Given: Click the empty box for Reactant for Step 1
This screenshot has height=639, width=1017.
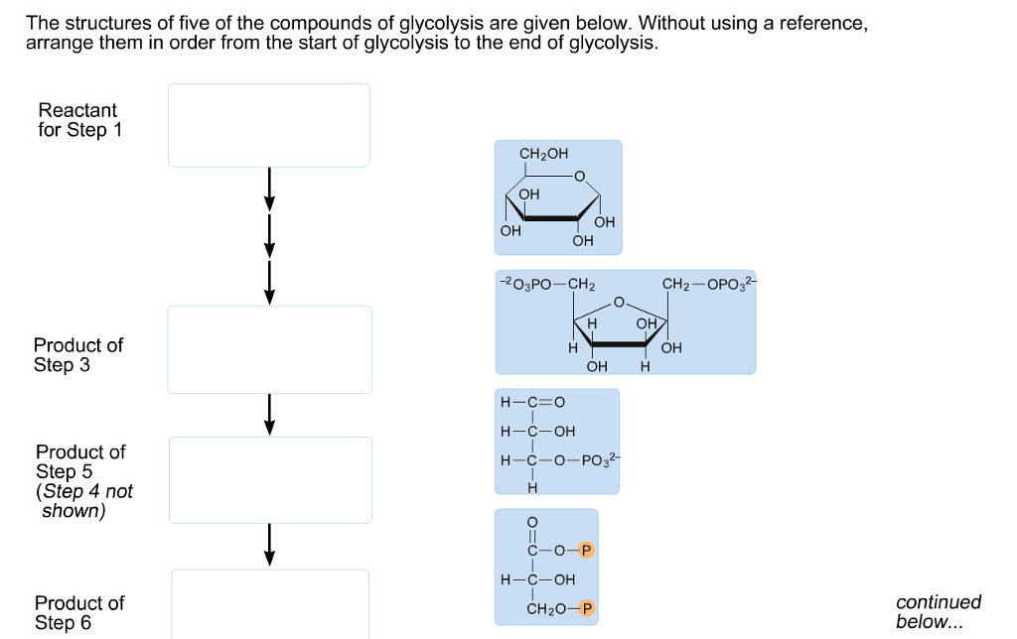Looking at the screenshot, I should pyautogui.click(x=268, y=125).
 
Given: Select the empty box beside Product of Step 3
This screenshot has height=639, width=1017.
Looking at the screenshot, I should pyautogui.click(x=268, y=349).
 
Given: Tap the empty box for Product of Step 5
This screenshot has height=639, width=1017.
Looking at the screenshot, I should pyautogui.click(x=270, y=479).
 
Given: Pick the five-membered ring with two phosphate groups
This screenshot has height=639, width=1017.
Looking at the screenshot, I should pyautogui.click(x=625, y=321).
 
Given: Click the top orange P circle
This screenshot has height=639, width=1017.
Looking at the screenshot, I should pyautogui.click(x=586, y=549).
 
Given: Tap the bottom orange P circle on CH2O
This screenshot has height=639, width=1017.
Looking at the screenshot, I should pyautogui.click(x=586, y=608).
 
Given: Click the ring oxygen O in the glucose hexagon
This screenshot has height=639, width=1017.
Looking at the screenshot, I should pyautogui.click(x=581, y=179).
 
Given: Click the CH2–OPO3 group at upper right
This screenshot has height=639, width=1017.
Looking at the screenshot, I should pyautogui.click(x=708, y=285).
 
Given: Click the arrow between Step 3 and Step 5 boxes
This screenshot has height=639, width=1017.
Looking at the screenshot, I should pyautogui.click(x=268, y=414).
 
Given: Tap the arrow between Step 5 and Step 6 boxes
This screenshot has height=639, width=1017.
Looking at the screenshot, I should pyautogui.click(x=268, y=545).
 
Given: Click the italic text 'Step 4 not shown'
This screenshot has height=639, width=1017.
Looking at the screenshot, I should pyautogui.click(x=83, y=501).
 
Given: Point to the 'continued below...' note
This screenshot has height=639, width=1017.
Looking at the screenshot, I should pyautogui.click(x=939, y=612).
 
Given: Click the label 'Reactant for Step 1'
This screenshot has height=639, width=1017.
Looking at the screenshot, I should pyautogui.click(x=78, y=120).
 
